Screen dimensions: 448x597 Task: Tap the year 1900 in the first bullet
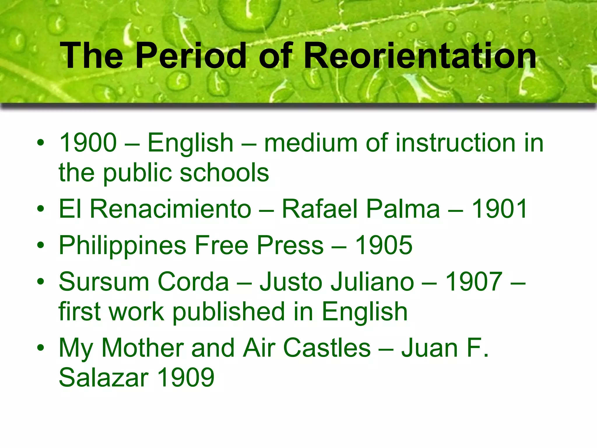88,143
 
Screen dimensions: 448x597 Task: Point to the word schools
224,173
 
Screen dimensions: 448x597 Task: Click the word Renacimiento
171,209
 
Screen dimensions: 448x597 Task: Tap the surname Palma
403,209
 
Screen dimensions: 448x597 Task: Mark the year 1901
499,209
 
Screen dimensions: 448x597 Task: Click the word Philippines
122,246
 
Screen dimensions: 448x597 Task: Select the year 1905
384,246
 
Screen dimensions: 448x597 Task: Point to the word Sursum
104,282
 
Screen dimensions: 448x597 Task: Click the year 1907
474,282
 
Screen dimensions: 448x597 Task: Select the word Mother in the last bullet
143,348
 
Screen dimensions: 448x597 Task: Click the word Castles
327,348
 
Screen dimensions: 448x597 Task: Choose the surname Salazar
104,377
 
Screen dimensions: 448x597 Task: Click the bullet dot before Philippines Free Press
41,245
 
